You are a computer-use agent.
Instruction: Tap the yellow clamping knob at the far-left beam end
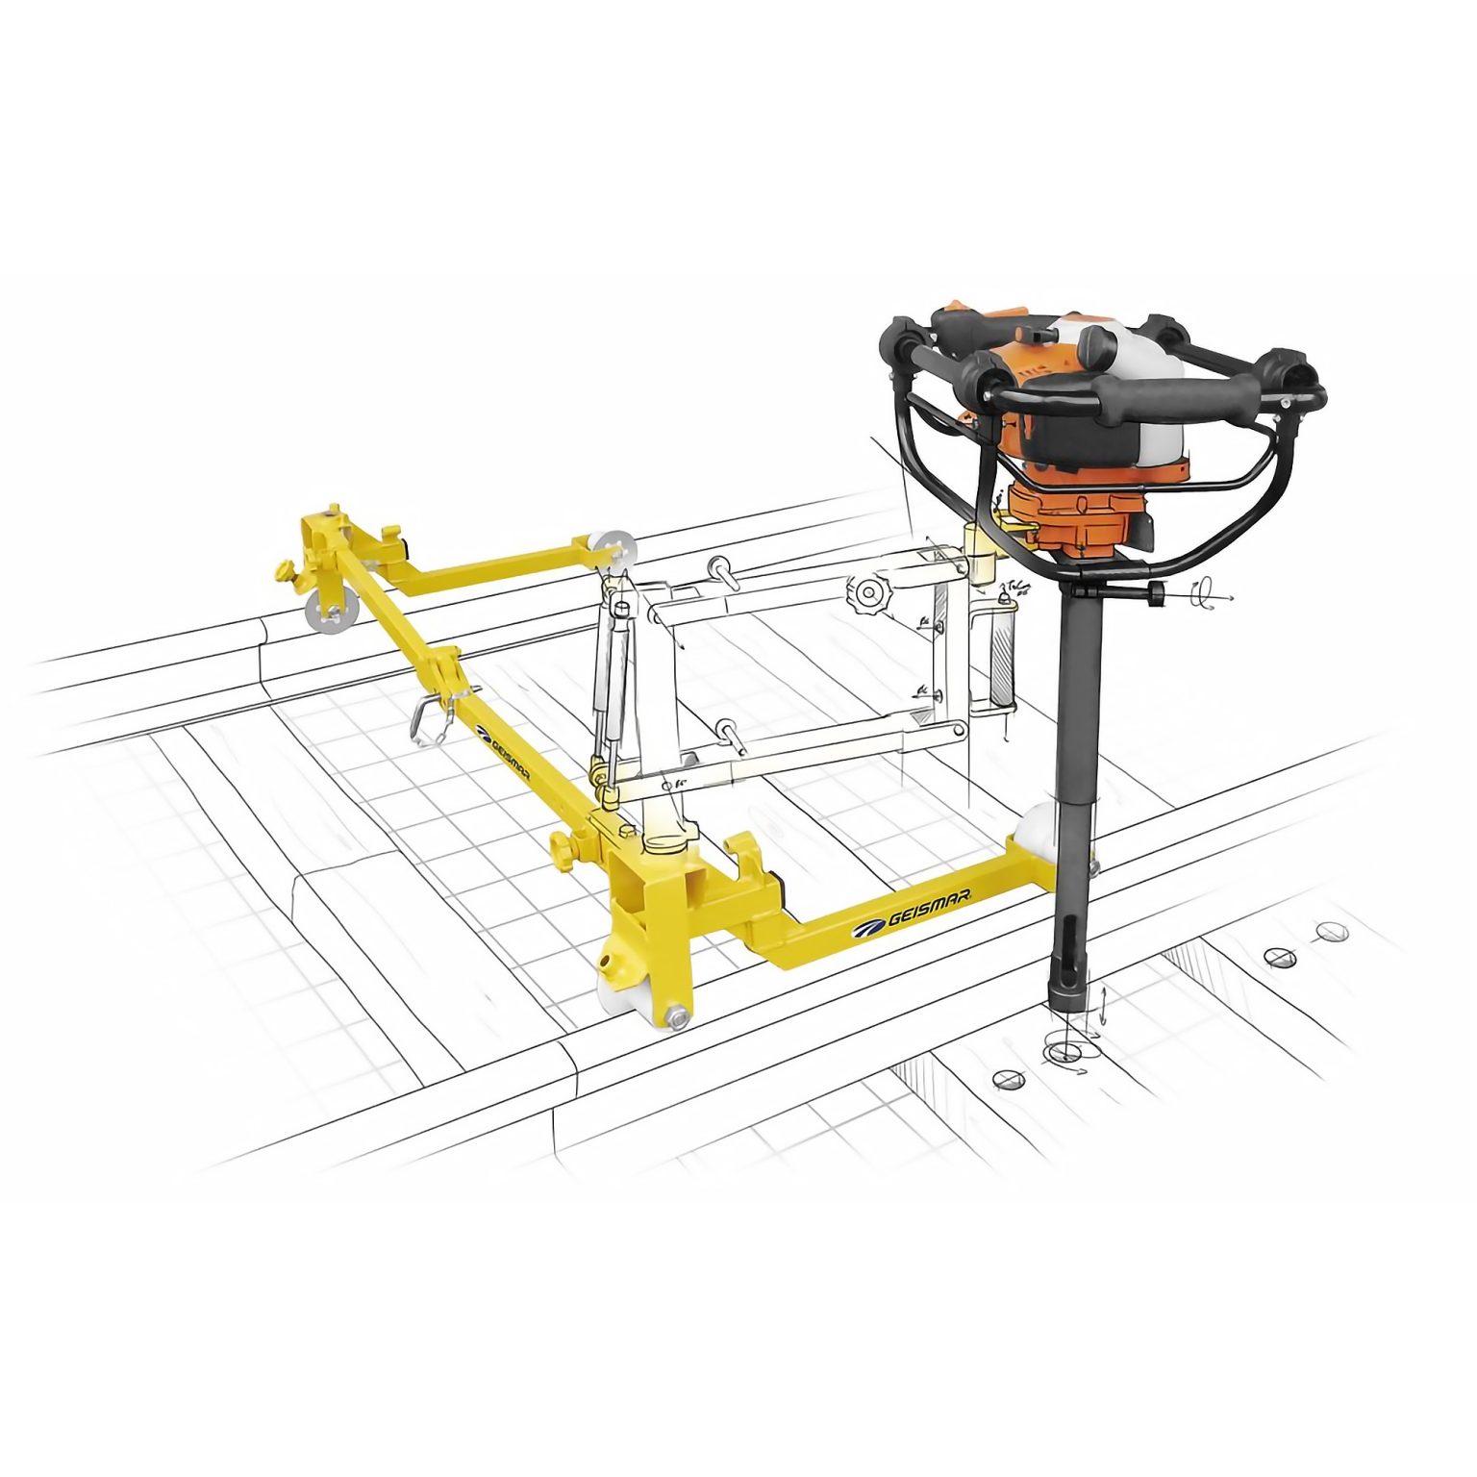pyautogui.click(x=286, y=572)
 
